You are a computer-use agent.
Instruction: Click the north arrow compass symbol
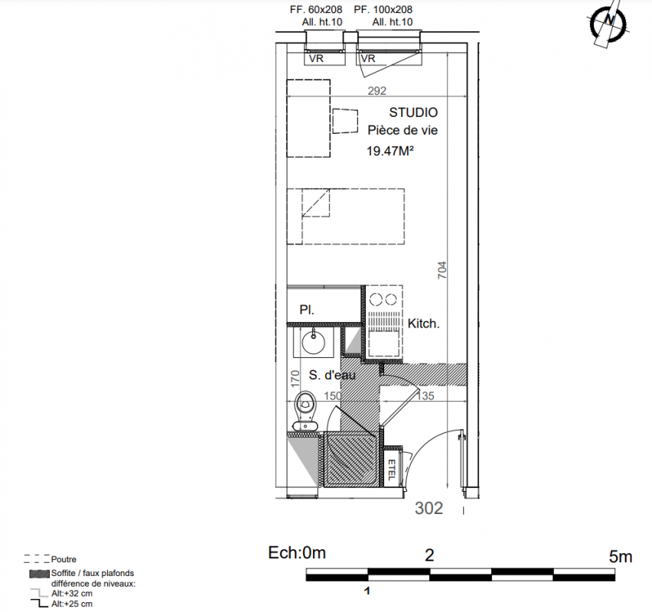pyautogui.click(x=608, y=23)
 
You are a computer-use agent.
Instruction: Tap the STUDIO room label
pyautogui.click(x=413, y=112)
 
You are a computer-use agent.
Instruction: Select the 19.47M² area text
pyautogui.click(x=390, y=151)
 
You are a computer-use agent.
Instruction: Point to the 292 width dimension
pyautogui.click(x=377, y=90)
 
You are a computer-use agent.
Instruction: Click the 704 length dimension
pyautogui.click(x=442, y=270)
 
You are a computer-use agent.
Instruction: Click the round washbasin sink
pyautogui.click(x=313, y=342)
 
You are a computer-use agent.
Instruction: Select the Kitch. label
pyautogui.click(x=423, y=324)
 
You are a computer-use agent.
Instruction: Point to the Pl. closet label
pyautogui.click(x=307, y=310)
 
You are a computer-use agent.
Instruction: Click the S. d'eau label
pyautogui.click(x=332, y=375)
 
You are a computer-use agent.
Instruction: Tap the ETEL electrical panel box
pyautogui.click(x=391, y=469)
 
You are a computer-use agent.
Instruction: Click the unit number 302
pyautogui.click(x=429, y=508)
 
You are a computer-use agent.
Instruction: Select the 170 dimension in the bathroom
pyautogui.click(x=295, y=379)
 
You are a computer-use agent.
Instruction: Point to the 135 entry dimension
pyautogui.click(x=425, y=396)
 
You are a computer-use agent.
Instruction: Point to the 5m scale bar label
pyautogui.click(x=621, y=556)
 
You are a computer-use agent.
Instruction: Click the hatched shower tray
pyautogui.click(x=351, y=459)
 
